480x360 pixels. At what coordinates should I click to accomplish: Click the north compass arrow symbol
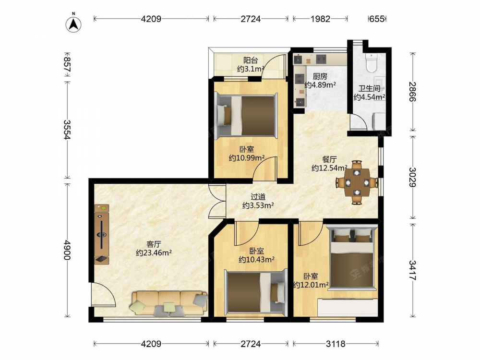[73, 24]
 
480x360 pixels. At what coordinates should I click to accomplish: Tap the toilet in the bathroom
[372, 63]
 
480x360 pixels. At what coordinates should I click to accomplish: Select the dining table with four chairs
[357, 182]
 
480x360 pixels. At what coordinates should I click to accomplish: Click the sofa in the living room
[169, 303]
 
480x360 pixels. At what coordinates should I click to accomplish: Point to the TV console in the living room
[102, 234]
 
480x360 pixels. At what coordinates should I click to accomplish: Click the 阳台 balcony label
[251, 60]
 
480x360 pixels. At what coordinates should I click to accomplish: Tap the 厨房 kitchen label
[320, 76]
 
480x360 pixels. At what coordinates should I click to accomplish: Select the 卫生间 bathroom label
[370, 89]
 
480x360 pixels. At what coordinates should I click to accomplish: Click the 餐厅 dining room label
[329, 159]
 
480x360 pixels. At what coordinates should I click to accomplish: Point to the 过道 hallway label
[258, 197]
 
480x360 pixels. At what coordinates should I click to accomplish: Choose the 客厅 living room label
[154, 244]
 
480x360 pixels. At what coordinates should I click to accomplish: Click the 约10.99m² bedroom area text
[247, 158]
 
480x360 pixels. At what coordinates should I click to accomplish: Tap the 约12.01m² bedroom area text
[311, 285]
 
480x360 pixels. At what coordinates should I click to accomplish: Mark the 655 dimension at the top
[377, 19]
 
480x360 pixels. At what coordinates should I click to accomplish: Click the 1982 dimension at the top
[320, 19]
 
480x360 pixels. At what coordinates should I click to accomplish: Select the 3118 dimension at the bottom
[336, 344]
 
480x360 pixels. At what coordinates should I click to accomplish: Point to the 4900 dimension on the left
[67, 250]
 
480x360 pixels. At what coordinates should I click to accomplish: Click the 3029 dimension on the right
[412, 177]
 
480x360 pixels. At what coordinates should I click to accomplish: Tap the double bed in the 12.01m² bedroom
[352, 256]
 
